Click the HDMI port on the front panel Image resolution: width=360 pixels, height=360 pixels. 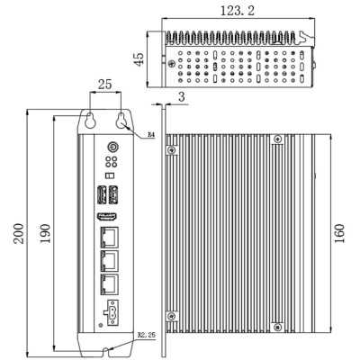[107, 218]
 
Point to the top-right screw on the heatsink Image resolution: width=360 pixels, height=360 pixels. [277, 138]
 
